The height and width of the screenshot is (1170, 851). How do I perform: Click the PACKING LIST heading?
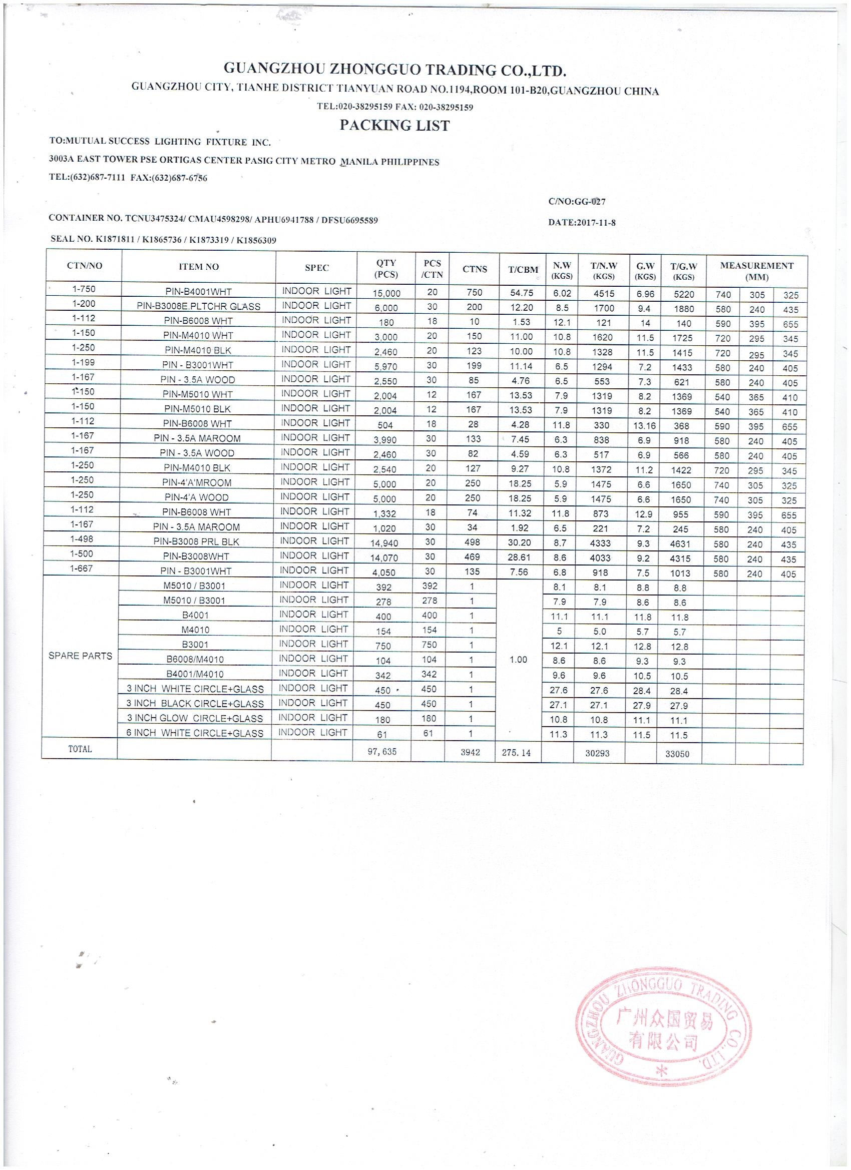point(394,125)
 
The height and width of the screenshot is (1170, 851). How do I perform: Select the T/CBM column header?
point(523,269)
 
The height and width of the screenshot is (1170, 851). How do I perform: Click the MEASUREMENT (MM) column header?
point(756,271)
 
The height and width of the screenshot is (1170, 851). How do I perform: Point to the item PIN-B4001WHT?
point(198,291)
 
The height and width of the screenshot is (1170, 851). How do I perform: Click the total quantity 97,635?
point(382,752)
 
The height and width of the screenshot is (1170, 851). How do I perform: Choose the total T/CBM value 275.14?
point(516,753)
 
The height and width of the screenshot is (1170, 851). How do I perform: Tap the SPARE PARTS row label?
point(80,656)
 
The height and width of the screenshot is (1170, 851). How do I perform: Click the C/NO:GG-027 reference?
point(577,202)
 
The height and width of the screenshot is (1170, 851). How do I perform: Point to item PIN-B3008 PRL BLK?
point(196,541)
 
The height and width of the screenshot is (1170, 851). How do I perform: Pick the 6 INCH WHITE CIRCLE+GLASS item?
point(195,733)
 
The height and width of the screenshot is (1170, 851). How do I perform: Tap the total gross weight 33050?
point(677,754)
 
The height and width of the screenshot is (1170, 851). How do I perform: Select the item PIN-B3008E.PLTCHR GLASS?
point(198,306)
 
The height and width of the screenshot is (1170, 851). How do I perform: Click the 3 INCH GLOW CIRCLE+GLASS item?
point(195,718)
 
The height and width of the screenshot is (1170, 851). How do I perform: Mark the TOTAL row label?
point(80,749)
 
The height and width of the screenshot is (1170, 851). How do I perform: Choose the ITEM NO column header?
point(199,267)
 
